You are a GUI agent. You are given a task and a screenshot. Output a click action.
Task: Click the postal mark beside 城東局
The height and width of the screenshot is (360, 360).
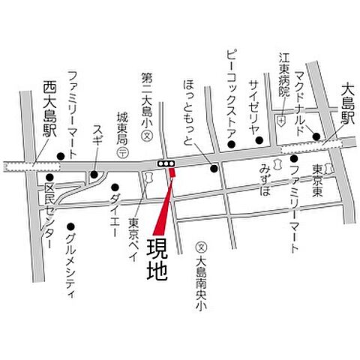(122, 151)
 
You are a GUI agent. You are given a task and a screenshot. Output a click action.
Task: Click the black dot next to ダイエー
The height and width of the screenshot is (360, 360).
(114, 187)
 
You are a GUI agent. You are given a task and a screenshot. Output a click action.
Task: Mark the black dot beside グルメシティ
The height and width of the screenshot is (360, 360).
(70, 226)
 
